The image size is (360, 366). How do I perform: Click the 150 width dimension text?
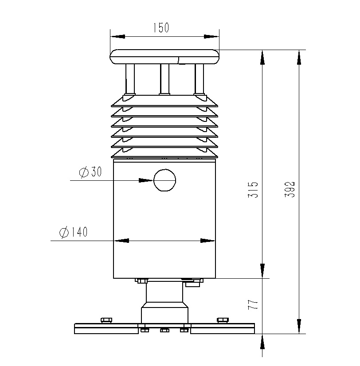(161, 28)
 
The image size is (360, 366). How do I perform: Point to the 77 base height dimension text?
(253, 305)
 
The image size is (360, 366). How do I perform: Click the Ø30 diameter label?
(90, 172)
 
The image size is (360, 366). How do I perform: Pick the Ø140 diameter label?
(73, 232)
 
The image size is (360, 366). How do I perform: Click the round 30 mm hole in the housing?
(164, 180)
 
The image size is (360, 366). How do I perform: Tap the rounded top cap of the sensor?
(164, 57)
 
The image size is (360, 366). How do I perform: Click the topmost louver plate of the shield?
(164, 102)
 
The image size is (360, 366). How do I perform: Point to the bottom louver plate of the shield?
(164, 153)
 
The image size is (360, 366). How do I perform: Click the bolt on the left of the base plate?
(106, 320)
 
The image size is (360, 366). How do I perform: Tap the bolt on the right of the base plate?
(223, 320)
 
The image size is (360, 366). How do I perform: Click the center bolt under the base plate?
(164, 330)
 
